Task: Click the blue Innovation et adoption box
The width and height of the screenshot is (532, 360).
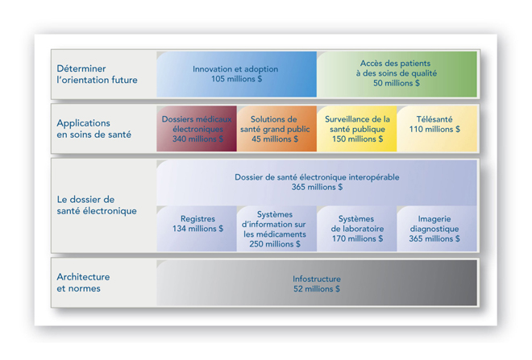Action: [236, 74]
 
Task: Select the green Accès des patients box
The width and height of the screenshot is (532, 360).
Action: [397, 74]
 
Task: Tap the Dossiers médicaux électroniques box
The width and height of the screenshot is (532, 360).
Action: [197, 129]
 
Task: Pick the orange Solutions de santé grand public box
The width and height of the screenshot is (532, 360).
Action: [276, 129]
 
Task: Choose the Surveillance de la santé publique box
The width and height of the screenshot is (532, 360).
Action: [357, 129]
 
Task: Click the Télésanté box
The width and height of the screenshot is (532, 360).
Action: [437, 129]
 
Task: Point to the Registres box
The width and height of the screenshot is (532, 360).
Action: [197, 229]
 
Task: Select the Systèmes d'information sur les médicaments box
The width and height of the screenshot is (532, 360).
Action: [276, 229]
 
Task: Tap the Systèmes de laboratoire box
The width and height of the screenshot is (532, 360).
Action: [357, 229]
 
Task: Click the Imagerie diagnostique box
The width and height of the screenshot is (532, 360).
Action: [437, 229]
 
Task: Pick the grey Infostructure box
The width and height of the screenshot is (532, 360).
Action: [317, 283]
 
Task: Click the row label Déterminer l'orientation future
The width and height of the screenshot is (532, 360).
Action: [97, 74]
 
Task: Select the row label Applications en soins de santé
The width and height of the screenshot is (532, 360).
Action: [94, 129]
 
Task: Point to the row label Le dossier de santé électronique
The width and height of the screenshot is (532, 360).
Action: [97, 205]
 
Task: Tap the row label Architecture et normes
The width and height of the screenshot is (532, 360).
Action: [83, 283]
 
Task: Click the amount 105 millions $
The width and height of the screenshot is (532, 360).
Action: [236, 79]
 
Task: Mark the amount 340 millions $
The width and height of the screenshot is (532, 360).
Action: [197, 139]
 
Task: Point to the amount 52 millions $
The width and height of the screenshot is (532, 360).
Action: [317, 289]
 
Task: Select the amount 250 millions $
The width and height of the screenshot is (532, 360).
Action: [275, 244]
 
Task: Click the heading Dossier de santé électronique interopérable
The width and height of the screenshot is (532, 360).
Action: [317, 177]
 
